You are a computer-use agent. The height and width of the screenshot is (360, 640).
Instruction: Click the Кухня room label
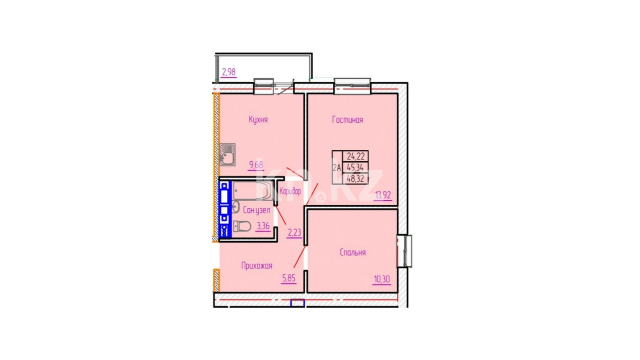(x=258, y=120)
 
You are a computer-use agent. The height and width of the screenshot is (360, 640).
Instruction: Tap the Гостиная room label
(x=348, y=120)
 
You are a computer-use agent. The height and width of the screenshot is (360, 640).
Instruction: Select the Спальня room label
(x=352, y=252)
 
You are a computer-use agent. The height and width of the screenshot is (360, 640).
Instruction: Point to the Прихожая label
(x=256, y=266)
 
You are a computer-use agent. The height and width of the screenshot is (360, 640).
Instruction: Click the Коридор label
(x=290, y=192)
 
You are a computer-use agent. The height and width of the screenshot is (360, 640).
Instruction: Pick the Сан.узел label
(x=256, y=210)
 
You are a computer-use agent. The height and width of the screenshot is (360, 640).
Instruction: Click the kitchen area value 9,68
(x=256, y=165)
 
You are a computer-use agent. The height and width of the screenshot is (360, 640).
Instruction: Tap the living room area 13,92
(x=383, y=195)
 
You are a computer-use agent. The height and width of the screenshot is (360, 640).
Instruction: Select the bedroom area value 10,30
(x=382, y=279)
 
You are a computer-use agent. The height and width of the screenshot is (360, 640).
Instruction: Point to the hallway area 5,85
(x=288, y=278)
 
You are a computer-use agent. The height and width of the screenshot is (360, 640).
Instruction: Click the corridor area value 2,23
(x=294, y=232)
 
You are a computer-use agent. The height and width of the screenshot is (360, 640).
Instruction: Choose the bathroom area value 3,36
(x=263, y=226)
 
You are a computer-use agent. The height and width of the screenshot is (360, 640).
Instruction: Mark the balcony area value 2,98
(x=228, y=72)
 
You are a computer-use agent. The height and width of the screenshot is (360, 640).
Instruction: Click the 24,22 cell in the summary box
(x=356, y=156)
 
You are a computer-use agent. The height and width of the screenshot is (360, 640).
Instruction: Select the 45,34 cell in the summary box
(x=356, y=167)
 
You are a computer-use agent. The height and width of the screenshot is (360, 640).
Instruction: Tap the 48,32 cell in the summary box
(x=356, y=178)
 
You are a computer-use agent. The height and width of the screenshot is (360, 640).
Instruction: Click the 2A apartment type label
(x=337, y=168)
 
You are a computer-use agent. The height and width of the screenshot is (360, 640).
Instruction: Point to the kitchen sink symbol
(x=228, y=154)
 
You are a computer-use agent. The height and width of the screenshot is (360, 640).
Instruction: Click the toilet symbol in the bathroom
(x=242, y=226)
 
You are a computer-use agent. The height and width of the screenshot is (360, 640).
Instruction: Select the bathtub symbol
(x=252, y=190)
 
